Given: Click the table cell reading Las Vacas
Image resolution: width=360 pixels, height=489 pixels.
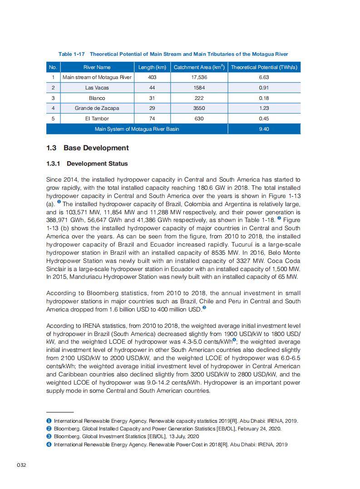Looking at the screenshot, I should coord(97,88).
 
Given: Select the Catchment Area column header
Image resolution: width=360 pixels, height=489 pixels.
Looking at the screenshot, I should coord(198,67).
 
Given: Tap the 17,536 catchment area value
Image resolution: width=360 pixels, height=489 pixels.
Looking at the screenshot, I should coord(198,77).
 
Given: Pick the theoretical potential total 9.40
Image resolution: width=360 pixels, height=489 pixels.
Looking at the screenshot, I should coord(264,129).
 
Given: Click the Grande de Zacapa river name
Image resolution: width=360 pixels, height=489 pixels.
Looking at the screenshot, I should coord(97,108).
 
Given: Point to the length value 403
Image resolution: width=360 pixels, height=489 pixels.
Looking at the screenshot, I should coord(152,77).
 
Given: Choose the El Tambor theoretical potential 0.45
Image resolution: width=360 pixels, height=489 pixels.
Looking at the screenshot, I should coord(264,119).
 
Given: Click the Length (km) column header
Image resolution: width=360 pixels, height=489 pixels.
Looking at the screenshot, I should coord(152,67).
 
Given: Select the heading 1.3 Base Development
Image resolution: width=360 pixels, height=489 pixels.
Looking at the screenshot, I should coord(88,148).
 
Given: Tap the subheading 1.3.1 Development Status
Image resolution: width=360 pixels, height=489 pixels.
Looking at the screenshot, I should coord(87,163).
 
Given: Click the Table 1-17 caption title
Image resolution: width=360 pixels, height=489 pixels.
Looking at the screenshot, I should coord(173,54).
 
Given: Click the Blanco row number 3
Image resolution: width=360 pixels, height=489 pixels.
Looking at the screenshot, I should coord(53,98).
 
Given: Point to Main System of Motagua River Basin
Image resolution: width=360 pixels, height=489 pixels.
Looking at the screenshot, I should coord(137,129).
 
